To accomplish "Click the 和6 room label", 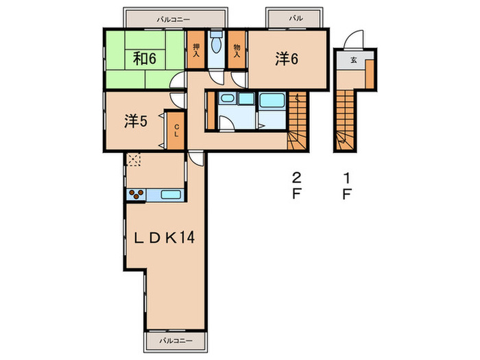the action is click(x=145, y=58).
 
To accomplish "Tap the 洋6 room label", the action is click(x=287, y=58).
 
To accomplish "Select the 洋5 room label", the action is click(x=136, y=121).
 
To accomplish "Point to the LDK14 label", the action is click(x=165, y=237).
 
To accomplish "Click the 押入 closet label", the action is click(x=196, y=51).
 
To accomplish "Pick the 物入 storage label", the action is click(x=237, y=51).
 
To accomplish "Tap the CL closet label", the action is click(x=176, y=130).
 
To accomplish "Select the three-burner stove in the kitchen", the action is click(x=136, y=195).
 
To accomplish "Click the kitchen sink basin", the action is click(x=171, y=195).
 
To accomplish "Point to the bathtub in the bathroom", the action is click(x=272, y=100).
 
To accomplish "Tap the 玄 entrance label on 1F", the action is click(x=354, y=60).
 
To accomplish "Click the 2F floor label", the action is click(x=296, y=186).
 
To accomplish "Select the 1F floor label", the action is click(x=346, y=186).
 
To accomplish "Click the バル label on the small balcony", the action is click(x=296, y=19).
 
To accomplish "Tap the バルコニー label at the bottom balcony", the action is click(x=176, y=340).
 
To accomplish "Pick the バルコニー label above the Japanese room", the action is click(x=173, y=20).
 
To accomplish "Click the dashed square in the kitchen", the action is click(x=134, y=159).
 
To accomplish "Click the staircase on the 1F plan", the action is click(x=346, y=120).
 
